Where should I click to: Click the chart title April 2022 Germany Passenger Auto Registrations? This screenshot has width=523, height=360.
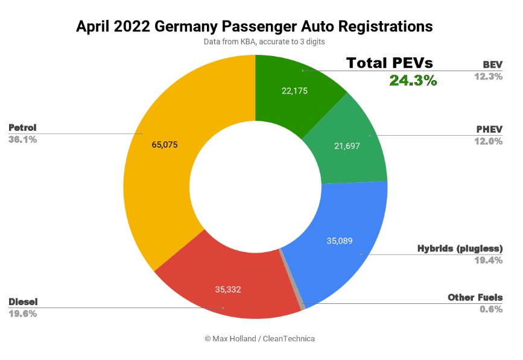tap(254, 27)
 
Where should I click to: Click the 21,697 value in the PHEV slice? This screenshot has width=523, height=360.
tap(346, 145)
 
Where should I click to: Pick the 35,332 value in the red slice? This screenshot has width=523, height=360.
tap(228, 289)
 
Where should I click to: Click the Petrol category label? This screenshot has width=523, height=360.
tap(22, 127)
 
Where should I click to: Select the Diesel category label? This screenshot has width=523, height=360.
tap(23, 302)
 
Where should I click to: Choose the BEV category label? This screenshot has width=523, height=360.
tap(492, 65)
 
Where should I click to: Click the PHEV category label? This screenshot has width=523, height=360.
tap(489, 129)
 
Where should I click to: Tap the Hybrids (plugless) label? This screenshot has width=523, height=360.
tap(460, 248)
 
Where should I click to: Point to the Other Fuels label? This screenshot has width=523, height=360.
tap(475, 297)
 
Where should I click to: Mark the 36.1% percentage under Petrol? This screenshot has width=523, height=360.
tap(23, 139)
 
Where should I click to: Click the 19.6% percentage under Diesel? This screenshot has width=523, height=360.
tap(23, 314)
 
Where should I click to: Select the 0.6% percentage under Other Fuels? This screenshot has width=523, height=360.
tap(491, 309)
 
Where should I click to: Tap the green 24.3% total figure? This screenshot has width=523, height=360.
tap(413, 80)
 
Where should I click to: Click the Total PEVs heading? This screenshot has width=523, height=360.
tap(390, 63)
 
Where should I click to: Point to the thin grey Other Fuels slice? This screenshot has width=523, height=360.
tap(293, 280)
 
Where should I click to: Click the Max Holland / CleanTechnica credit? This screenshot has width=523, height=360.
tap(259, 338)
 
